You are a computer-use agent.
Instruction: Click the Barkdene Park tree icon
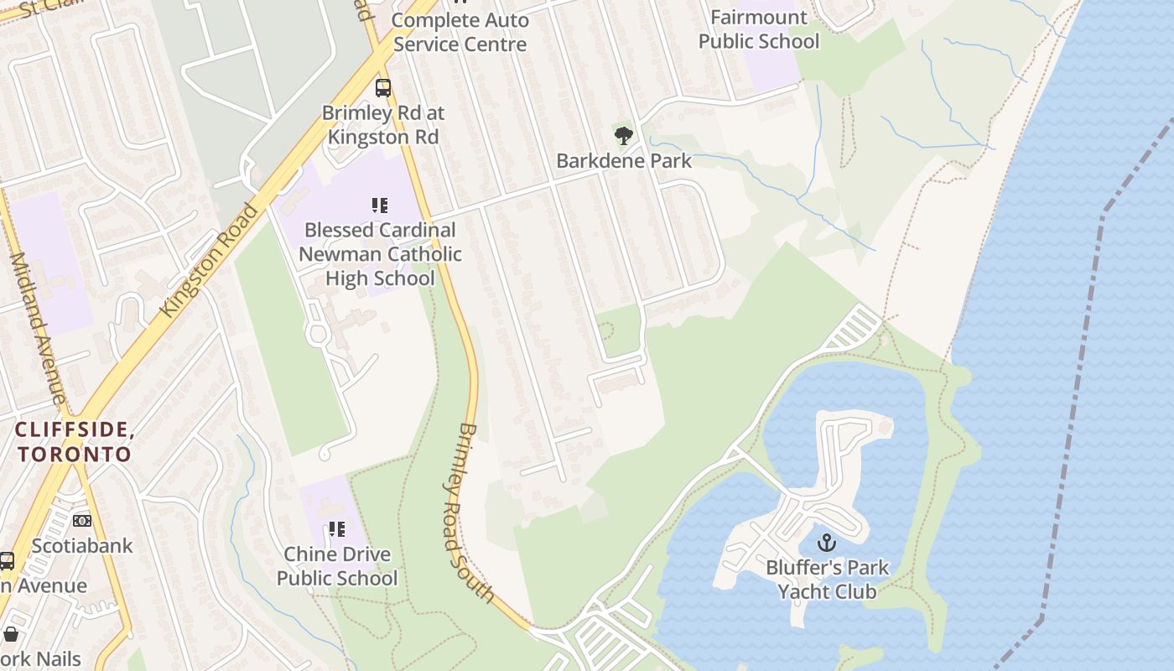coord(623,135)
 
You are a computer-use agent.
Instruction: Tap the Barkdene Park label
coord(624,160)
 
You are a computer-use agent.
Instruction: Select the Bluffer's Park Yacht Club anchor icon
coord(827,543)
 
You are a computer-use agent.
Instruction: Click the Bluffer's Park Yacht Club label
coord(827,580)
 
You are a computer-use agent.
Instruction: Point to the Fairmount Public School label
coord(758,29)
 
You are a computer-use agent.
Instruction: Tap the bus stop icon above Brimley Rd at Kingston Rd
coord(382,87)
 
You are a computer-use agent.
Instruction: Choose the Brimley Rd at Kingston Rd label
coord(383,124)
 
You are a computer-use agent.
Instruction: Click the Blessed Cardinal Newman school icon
coord(380,205)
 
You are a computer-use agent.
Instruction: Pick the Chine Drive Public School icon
coord(336,529)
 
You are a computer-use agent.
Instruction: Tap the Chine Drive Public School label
coord(337,566)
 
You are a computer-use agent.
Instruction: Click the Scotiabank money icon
coord(82,521)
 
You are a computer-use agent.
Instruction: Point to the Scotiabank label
coord(82,546)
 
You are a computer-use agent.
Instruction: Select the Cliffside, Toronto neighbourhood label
coord(75,442)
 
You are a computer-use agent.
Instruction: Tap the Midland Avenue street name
coord(37,327)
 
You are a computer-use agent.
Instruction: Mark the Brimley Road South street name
coord(474,512)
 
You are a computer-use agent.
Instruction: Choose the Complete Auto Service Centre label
coord(460,32)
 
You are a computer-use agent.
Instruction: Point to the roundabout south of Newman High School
coord(318,334)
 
